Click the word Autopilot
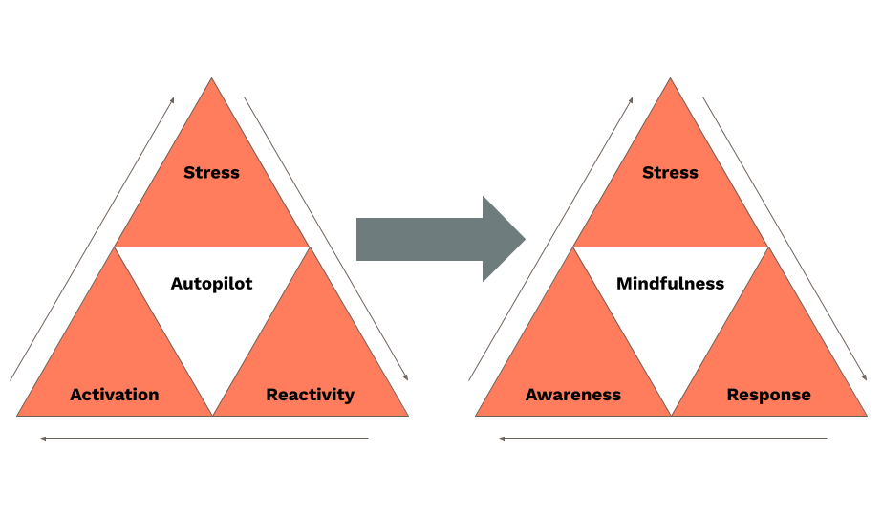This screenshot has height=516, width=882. [211, 284]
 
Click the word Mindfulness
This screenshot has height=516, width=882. [670, 284]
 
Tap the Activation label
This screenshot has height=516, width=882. [115, 395]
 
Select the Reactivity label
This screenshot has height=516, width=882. [310, 395]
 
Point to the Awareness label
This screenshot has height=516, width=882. [573, 395]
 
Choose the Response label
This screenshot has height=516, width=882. [768, 395]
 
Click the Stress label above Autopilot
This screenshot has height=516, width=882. [211, 173]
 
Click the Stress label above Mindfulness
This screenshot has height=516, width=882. [670, 173]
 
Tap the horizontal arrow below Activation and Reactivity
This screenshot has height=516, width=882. [204, 439]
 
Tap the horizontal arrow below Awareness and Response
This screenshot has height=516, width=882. [663, 439]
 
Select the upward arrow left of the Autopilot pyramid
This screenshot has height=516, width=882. [93, 239]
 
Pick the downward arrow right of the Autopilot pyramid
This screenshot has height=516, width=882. [326, 239]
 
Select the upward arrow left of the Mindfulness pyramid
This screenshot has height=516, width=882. [551, 239]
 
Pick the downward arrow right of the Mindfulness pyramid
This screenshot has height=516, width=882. [785, 239]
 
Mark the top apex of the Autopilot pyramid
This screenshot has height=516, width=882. [212, 80]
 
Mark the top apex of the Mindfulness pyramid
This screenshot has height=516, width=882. [671, 80]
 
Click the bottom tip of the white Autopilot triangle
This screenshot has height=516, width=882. [212, 414]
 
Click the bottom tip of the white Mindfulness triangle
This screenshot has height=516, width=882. [671, 414]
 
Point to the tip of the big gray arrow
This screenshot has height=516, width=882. [524, 239]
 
